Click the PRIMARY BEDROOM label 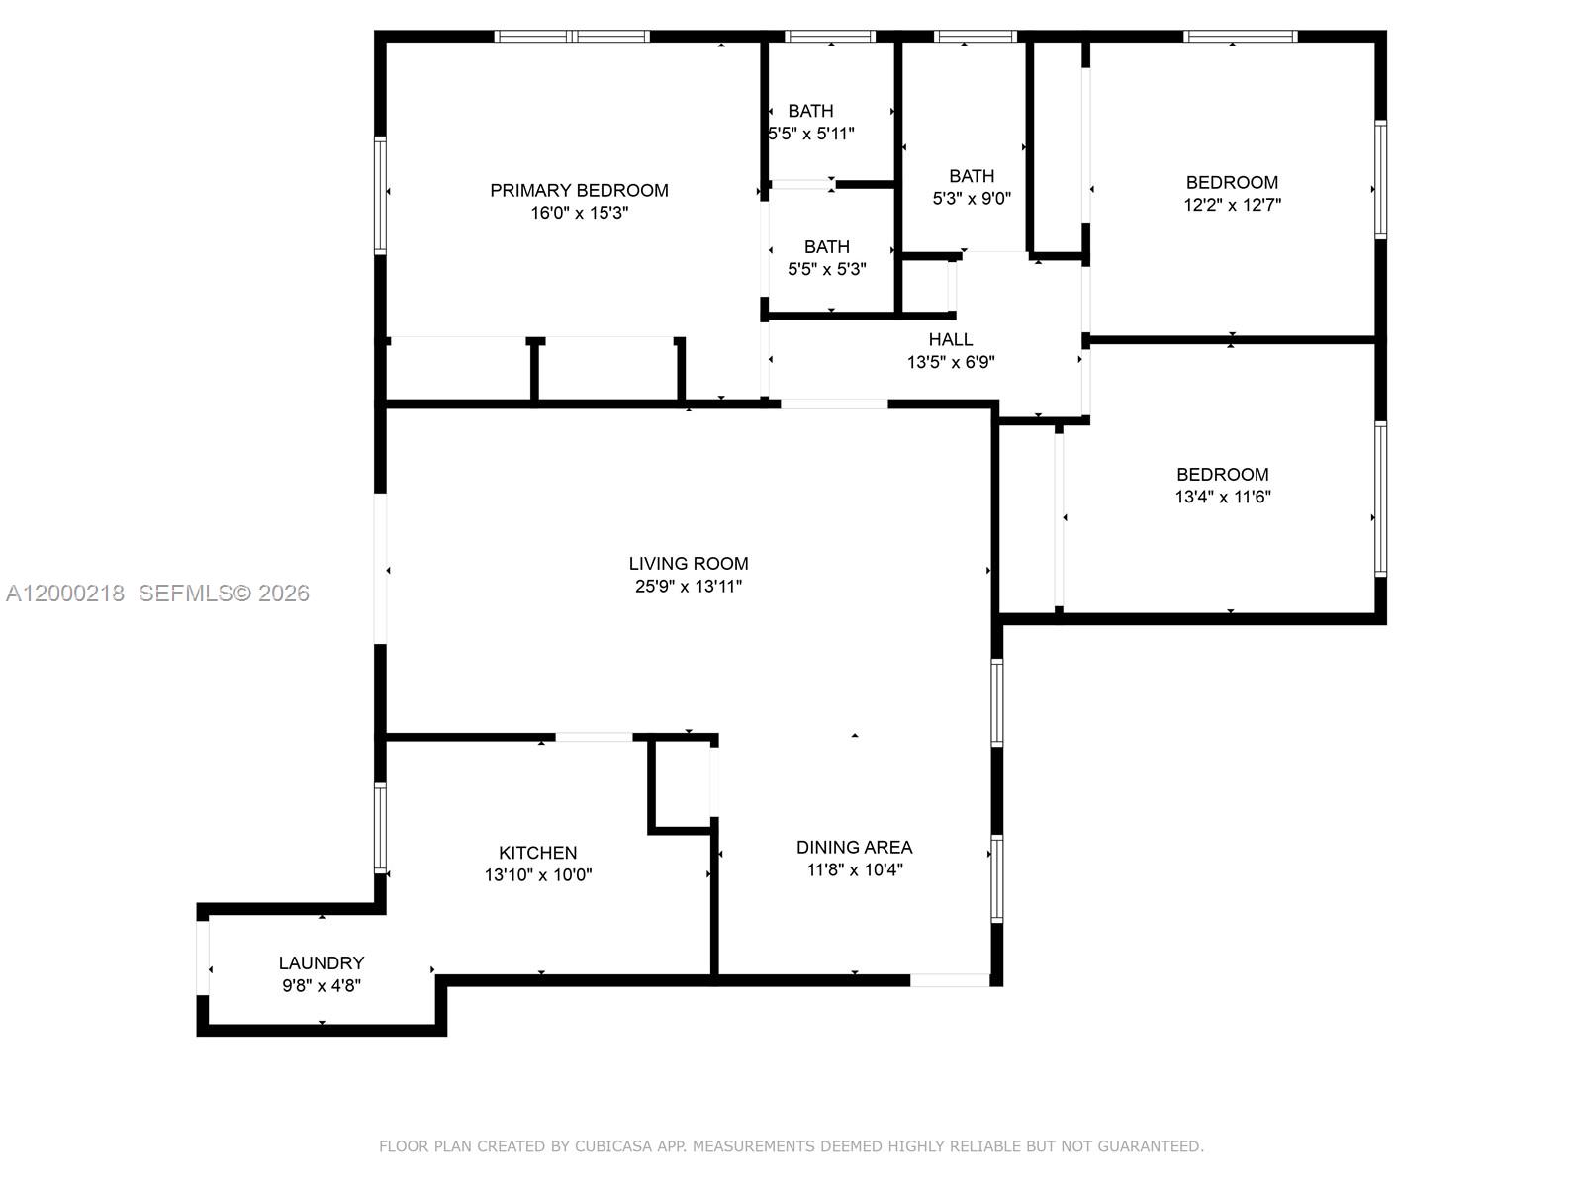(579, 190)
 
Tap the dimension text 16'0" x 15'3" (579, 213)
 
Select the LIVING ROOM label (689, 563)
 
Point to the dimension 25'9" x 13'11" (689, 586)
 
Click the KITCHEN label (537, 852)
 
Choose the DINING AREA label (854, 847)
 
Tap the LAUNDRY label (322, 962)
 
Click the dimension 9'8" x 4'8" (322, 985)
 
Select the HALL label (950, 339)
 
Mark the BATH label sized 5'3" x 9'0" (972, 176)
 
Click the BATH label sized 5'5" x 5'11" (810, 111)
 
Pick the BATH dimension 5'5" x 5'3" (827, 269)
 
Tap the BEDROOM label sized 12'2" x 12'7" (1232, 182)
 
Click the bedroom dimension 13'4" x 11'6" (1223, 497)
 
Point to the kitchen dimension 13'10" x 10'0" (537, 874)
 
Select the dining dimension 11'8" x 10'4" (854, 869)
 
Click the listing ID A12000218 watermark (65, 593)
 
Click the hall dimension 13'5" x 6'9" (950, 362)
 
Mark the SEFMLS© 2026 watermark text (225, 593)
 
